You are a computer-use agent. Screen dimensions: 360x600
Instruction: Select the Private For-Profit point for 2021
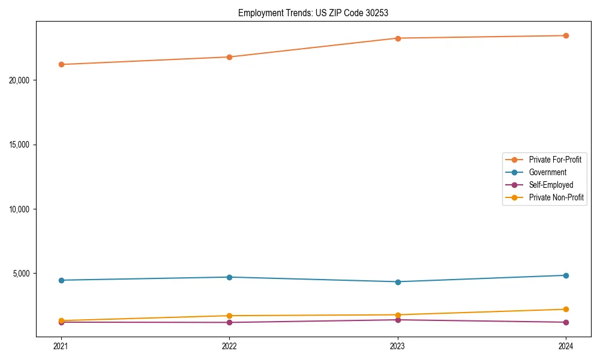pyautogui.click(x=61, y=64)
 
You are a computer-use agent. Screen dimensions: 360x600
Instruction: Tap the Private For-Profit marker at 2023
pyautogui.click(x=398, y=38)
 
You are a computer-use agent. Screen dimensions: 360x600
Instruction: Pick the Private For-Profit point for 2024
pyautogui.click(x=566, y=35)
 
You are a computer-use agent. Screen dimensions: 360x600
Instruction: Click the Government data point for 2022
pyautogui.click(x=229, y=277)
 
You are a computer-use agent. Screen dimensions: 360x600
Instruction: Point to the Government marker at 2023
pyautogui.click(x=398, y=281)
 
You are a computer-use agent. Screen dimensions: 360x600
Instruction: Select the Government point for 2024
pyautogui.click(x=566, y=275)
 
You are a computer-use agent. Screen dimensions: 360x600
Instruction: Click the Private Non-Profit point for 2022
pyautogui.click(x=229, y=316)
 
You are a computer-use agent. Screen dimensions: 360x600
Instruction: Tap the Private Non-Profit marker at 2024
pyautogui.click(x=566, y=309)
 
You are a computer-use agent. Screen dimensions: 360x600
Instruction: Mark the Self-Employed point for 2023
pyautogui.click(x=398, y=320)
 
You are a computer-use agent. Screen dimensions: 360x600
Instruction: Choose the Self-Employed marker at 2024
pyautogui.click(x=566, y=322)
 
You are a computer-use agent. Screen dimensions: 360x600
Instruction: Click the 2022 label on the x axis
pyautogui.click(x=229, y=346)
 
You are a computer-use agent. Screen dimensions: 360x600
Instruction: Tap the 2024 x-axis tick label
pyautogui.click(x=566, y=346)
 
